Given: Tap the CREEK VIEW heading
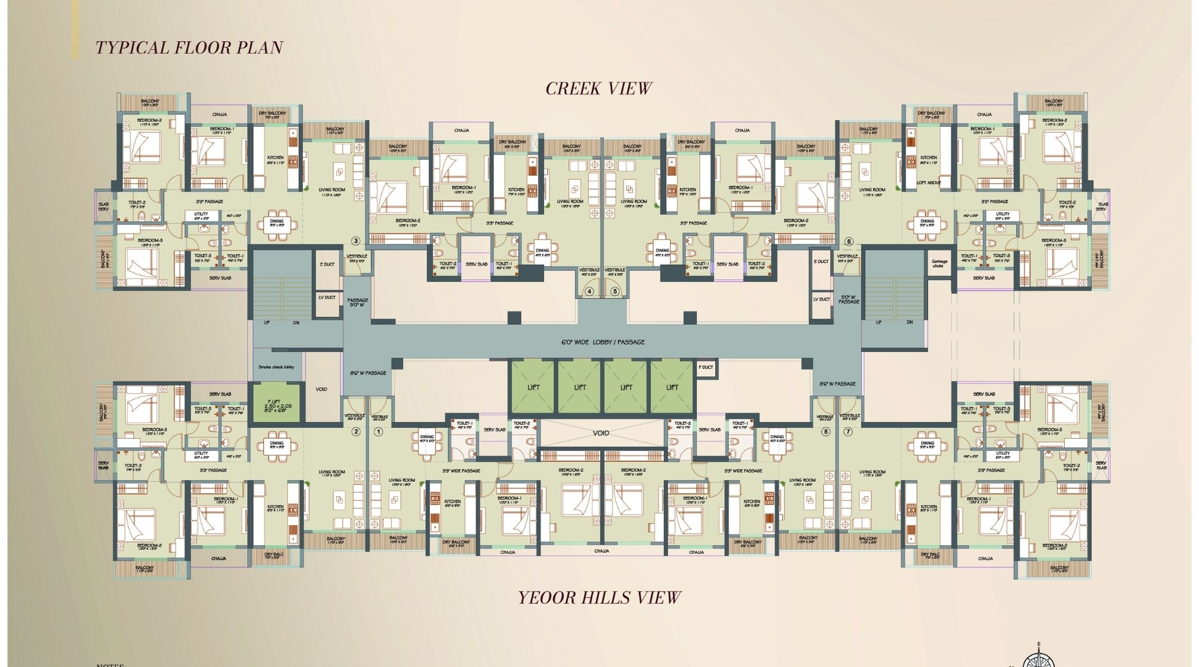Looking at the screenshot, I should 598,88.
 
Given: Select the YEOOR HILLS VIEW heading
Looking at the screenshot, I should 599,598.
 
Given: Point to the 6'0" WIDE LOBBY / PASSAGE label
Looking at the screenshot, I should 602,342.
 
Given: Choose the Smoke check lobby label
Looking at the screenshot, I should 276,367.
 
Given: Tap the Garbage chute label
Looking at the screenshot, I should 939,264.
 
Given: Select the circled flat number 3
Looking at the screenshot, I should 356,241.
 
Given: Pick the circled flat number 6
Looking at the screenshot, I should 848,241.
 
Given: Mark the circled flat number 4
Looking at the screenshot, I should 589,292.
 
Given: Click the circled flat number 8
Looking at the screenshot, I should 826,432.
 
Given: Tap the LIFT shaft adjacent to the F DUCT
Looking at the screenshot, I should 672,387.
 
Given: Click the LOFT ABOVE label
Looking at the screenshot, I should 929,183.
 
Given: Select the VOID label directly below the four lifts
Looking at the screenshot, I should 601,433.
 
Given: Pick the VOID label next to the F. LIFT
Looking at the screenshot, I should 321,389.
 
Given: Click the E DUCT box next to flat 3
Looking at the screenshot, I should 327,264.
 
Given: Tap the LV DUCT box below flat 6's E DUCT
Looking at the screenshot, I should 821,299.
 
